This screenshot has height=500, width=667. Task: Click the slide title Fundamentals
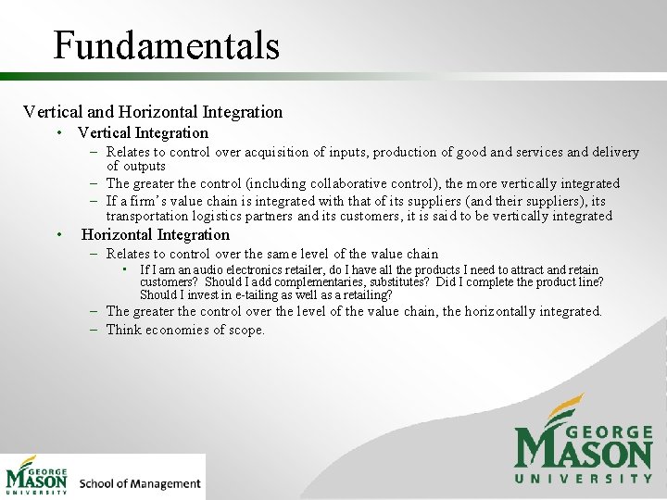(x=166, y=44)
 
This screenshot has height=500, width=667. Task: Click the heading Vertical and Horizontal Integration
(x=153, y=112)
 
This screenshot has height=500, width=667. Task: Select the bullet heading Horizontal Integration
(x=156, y=234)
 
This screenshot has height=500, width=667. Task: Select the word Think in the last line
(x=124, y=330)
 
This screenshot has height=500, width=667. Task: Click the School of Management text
(x=140, y=482)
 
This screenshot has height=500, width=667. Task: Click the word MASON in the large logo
(x=584, y=452)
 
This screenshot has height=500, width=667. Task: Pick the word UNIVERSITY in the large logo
(x=584, y=478)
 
